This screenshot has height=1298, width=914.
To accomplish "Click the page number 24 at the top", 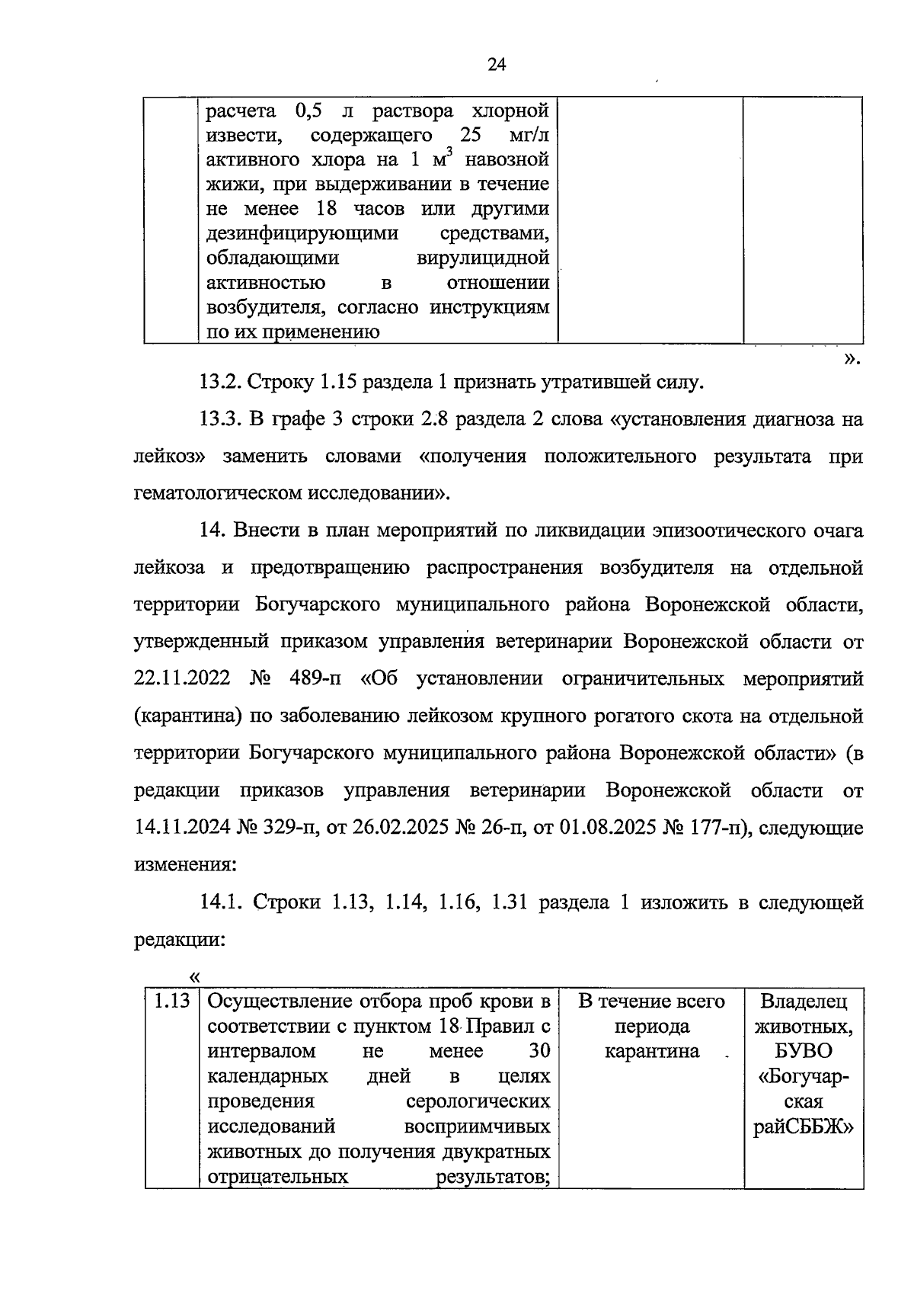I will [497, 65].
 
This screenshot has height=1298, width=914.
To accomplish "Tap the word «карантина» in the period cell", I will [652, 1051].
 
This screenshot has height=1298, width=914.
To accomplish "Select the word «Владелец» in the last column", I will [804, 1001].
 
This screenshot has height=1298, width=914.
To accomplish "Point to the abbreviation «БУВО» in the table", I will [804, 1051].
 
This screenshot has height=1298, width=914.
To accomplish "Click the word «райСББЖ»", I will [804, 1127].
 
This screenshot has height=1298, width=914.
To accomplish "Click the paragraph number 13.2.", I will [219, 382].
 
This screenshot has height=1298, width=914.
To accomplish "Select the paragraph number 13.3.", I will [219, 419].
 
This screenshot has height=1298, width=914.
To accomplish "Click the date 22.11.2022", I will [182, 678].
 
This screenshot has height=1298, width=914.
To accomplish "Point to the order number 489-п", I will [310, 678].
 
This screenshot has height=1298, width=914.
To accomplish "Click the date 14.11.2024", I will [182, 828].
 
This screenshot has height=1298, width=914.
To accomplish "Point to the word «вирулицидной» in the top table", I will [483, 258].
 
